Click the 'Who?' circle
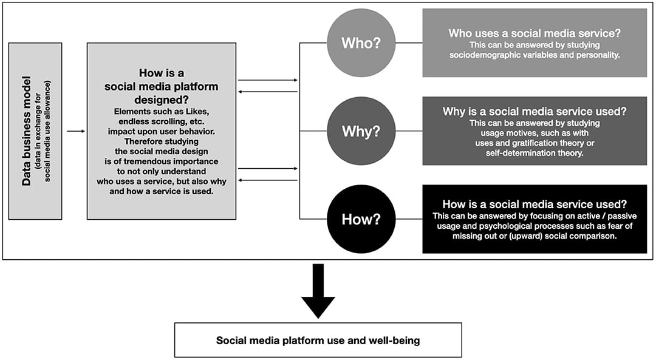coord(361,42)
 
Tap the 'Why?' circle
coord(361,131)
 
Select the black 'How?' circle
coord(361,219)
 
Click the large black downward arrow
coord(318,291)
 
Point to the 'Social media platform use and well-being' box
coord(318,340)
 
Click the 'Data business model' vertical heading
coord(27,131)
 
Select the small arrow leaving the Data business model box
coord(76,131)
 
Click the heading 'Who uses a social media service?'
coord(535,33)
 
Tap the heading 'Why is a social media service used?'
coord(535,112)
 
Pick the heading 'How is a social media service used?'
coord(535,204)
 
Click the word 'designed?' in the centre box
coord(162,100)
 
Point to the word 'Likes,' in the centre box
coord(197,112)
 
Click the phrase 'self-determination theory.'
coord(535,153)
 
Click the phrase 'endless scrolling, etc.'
coord(162,121)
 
